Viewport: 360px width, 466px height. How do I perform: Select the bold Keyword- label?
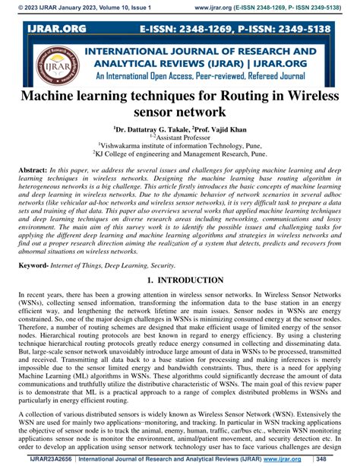tap(34, 265)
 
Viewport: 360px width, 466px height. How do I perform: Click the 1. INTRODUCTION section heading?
tap(180, 281)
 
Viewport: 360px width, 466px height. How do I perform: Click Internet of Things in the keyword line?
tap(83, 265)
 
